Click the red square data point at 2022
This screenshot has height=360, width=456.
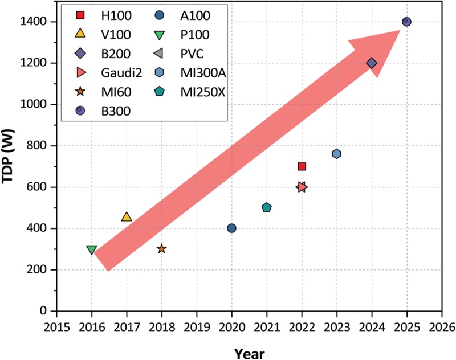coord(302,166)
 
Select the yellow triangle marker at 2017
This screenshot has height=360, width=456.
coord(127,217)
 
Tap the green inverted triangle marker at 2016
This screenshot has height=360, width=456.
coord(91,249)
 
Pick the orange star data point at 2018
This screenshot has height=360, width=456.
coord(161,248)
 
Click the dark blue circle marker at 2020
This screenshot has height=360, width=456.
coord(231,228)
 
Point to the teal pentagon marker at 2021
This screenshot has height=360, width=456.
coord(267,207)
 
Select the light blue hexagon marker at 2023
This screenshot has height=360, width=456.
coord(337,154)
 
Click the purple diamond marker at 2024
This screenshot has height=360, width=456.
coord(372,63)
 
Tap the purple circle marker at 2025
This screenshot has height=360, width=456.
coord(406,22)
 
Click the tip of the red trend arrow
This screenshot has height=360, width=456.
coord(400,31)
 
